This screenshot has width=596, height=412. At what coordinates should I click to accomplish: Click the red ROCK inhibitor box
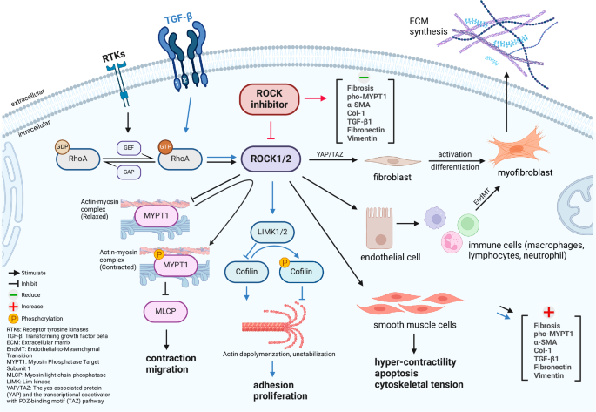point(267,100)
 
